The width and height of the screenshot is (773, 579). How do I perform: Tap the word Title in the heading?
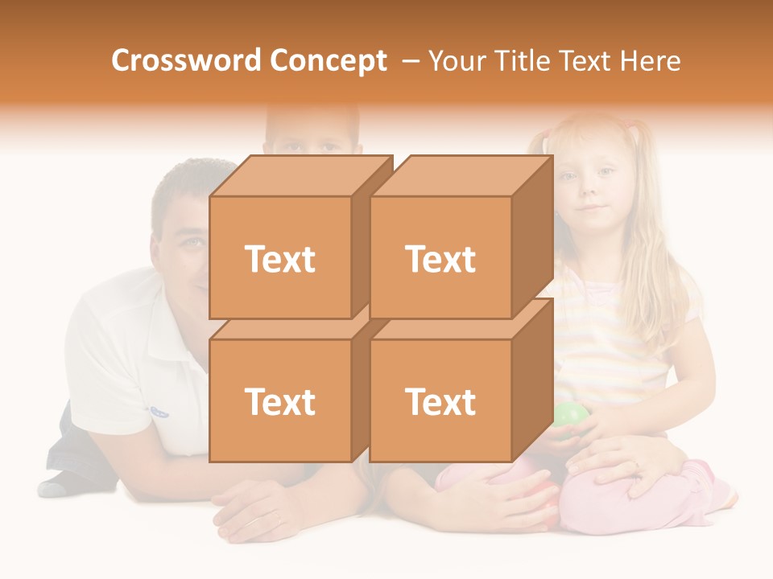518,60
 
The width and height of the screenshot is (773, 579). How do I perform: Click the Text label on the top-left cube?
280,259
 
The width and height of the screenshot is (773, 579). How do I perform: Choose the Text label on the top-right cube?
440,259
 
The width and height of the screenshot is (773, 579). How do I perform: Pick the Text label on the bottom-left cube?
280,401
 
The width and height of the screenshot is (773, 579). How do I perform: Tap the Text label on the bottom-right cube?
440,401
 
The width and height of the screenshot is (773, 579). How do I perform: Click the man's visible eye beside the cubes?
192,241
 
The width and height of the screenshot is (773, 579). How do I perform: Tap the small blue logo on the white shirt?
159,412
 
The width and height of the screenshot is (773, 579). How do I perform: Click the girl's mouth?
593,208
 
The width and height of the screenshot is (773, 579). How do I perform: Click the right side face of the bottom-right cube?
532,380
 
